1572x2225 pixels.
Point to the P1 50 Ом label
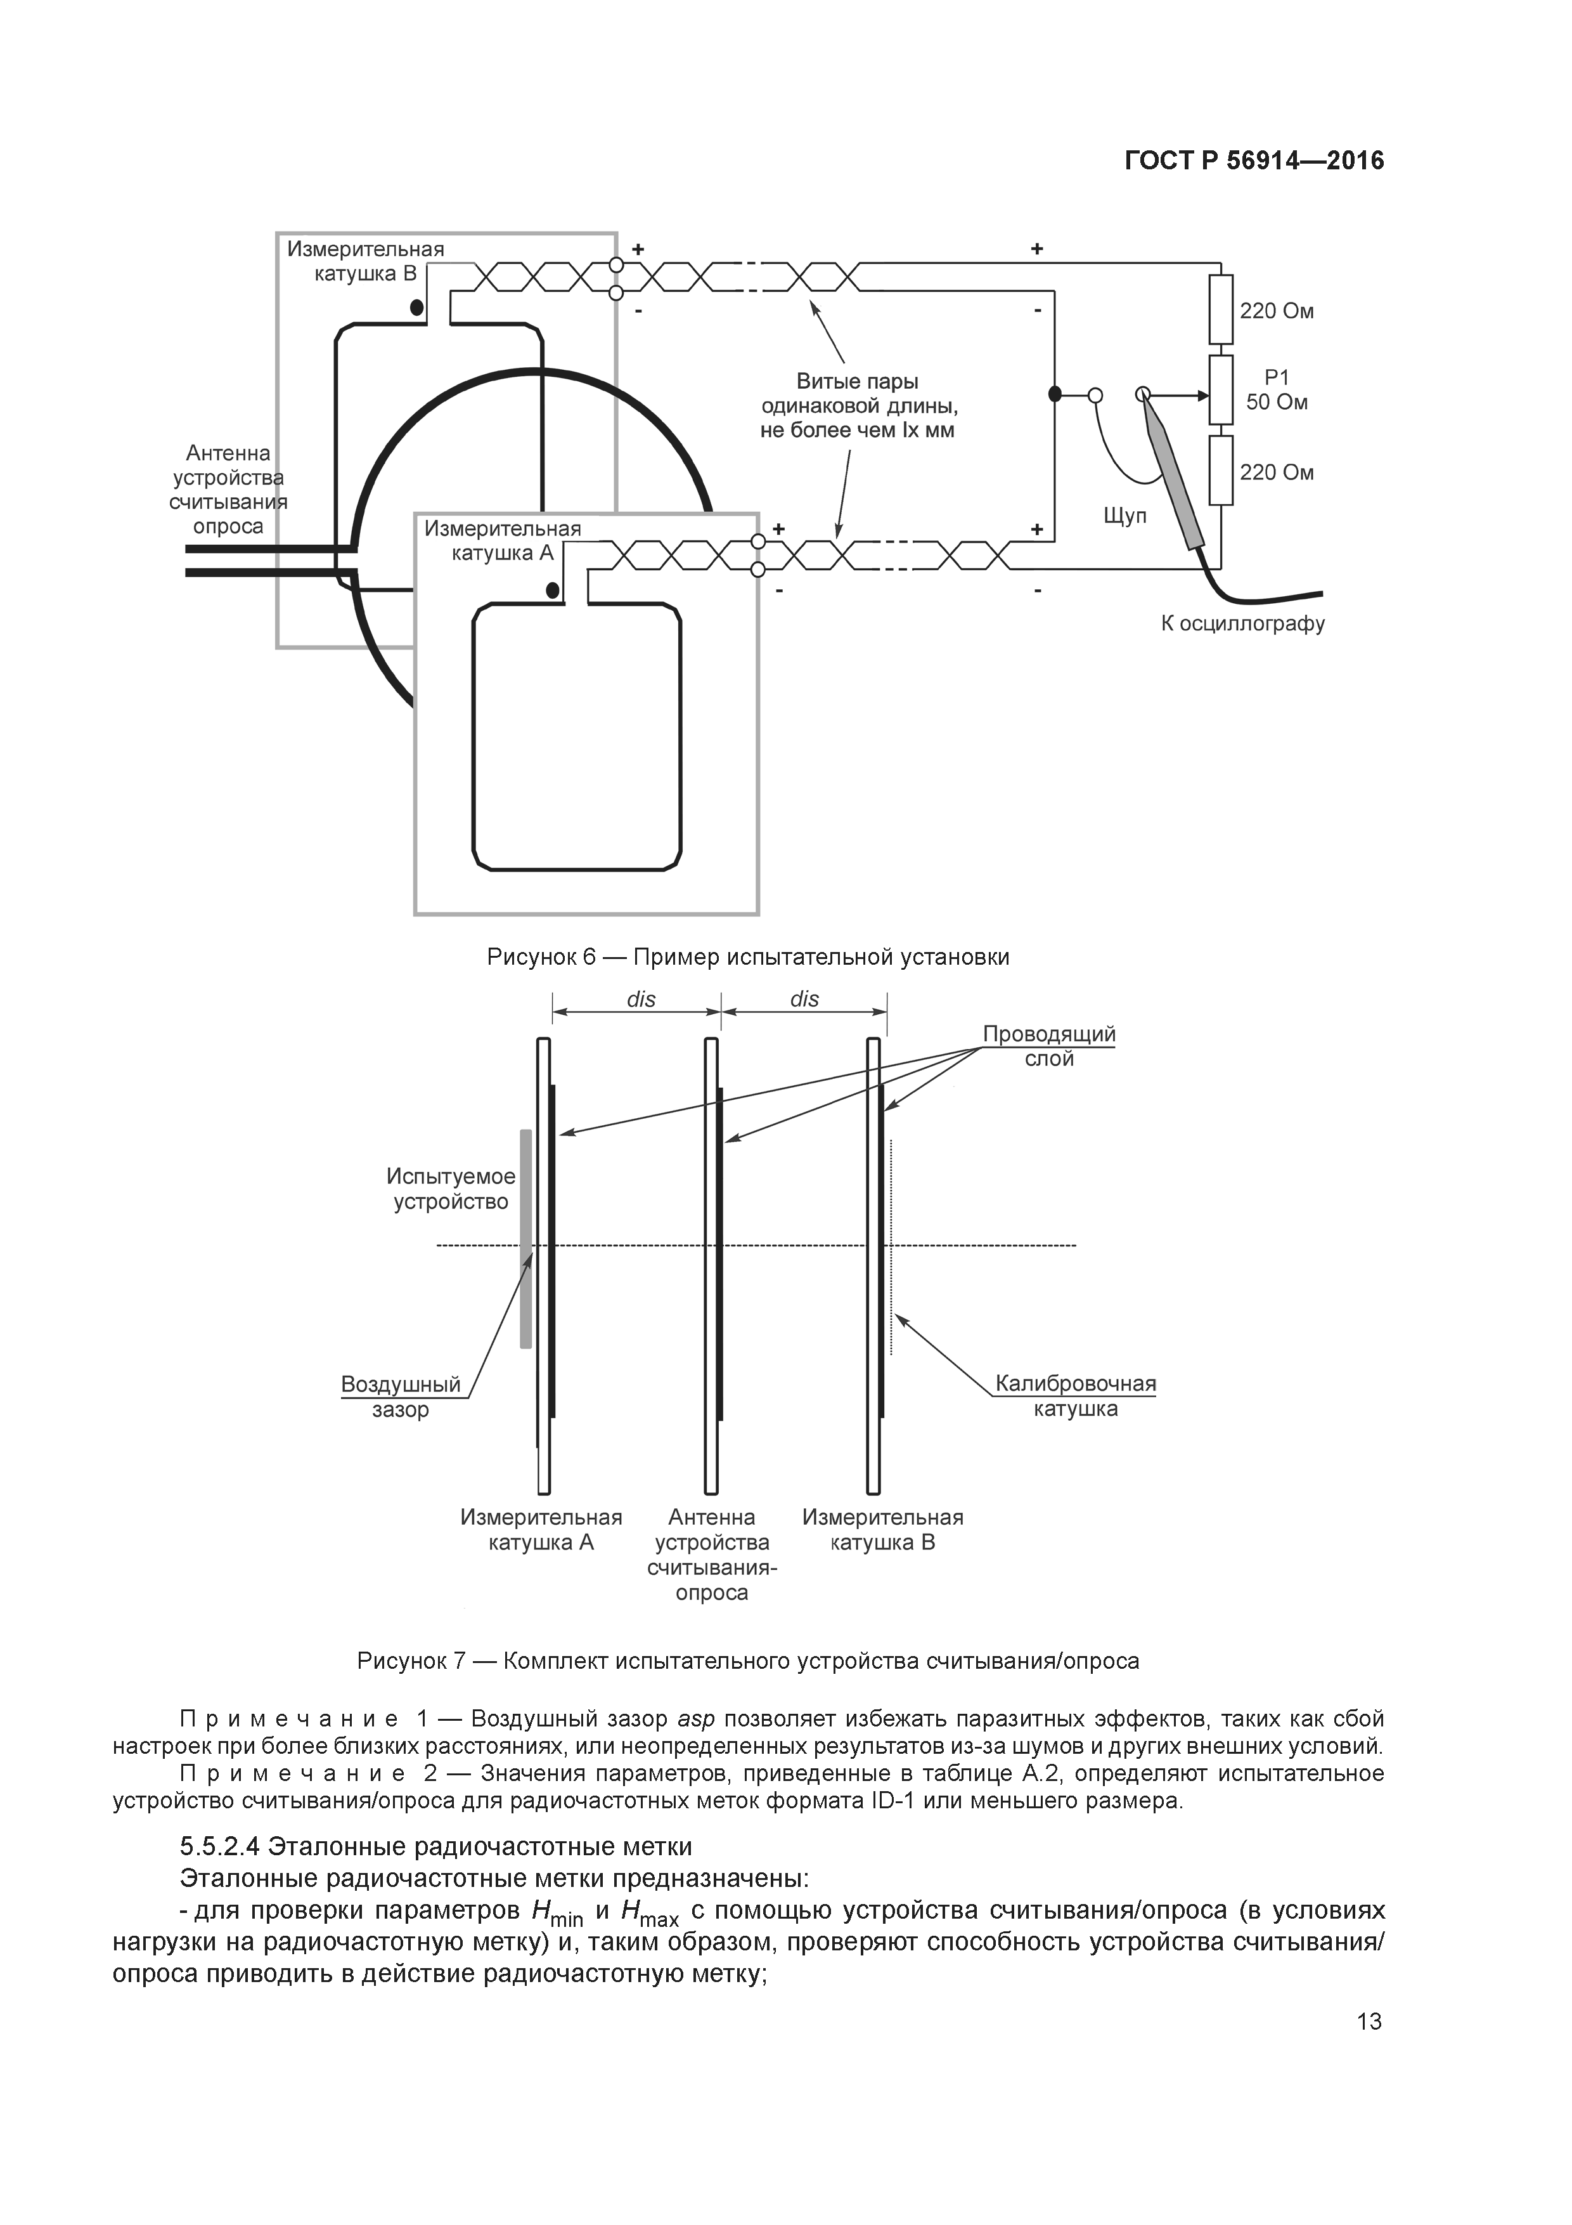coord(1277,389)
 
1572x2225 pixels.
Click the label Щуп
coord(1124,516)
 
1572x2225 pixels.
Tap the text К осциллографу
coord(1242,623)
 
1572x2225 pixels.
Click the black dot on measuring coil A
coord(552,589)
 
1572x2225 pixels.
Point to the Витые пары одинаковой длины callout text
coord(857,406)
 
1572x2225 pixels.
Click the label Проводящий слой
coord(1049,1047)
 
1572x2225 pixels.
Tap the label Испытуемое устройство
coord(451,1189)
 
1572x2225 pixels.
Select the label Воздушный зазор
coord(401,1397)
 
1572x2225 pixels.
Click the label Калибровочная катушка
coord(1075,1397)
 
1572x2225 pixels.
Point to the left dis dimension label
coord(641,999)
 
